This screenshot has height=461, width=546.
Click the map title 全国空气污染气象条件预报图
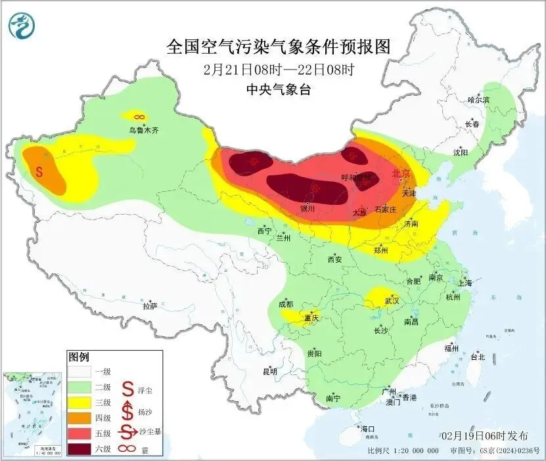tap(279, 47)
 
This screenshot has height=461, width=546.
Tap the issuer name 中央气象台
tap(279, 89)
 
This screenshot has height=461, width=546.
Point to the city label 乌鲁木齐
tap(143, 131)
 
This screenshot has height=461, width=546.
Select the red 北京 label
tap(400, 174)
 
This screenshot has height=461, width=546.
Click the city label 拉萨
tap(150, 305)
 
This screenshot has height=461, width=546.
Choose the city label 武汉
tap(392, 300)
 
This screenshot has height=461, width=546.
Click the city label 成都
tap(286, 305)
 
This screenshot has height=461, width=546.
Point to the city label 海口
tap(367, 429)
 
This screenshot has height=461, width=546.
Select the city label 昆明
tap(270, 372)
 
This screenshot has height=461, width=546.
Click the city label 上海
tap(465, 283)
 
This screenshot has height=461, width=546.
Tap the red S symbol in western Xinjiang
tap(39, 173)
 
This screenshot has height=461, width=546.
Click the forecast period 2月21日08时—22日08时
tap(279, 69)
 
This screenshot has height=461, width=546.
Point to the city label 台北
tap(477, 357)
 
